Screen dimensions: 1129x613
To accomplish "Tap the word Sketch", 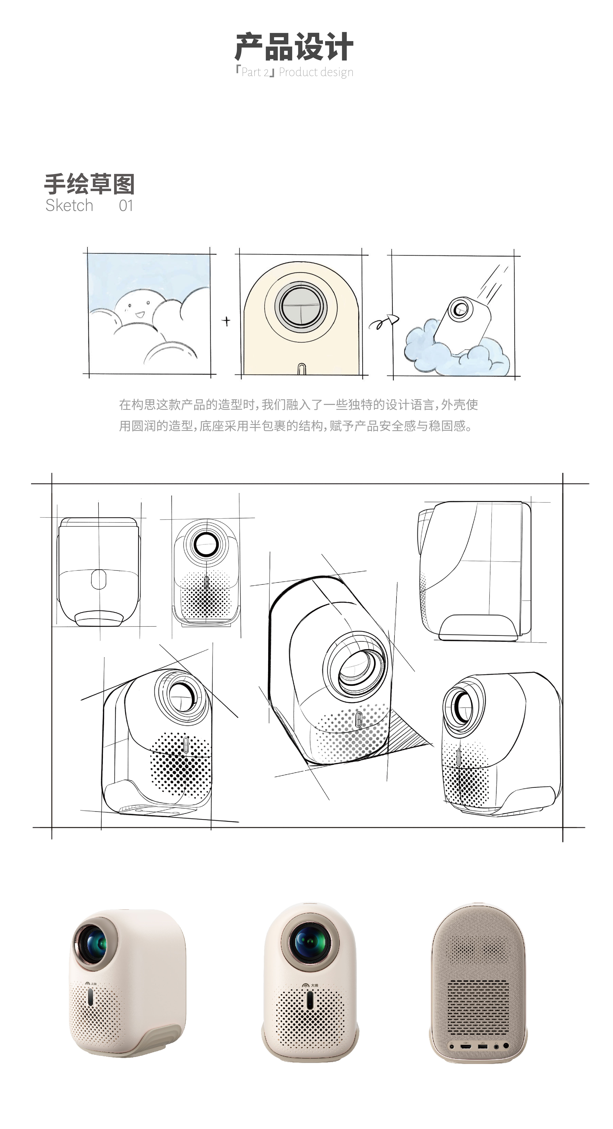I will coord(69,206).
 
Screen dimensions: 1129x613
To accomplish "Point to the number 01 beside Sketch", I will coord(126,206).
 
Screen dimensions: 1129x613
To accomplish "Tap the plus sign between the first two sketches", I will coord(226,321).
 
